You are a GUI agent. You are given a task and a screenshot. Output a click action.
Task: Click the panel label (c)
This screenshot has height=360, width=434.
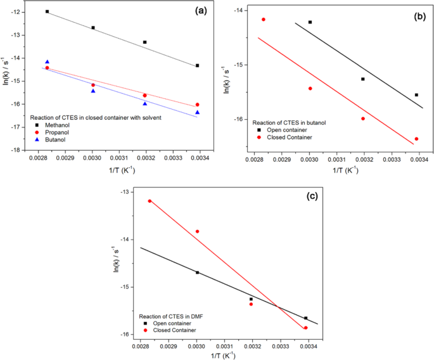tap(312, 195)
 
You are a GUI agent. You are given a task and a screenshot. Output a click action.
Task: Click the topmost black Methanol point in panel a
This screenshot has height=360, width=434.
tap(48, 11)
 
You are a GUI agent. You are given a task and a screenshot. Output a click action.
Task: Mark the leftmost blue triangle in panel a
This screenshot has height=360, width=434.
tap(48, 62)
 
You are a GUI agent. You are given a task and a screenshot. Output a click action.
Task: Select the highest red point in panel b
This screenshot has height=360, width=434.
tap(263, 20)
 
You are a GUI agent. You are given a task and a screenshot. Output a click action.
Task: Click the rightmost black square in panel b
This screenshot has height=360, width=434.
tap(416, 95)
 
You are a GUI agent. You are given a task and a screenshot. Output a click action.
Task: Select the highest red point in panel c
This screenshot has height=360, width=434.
tap(150, 201)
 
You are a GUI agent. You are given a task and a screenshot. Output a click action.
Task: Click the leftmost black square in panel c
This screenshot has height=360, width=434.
tap(197, 273)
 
